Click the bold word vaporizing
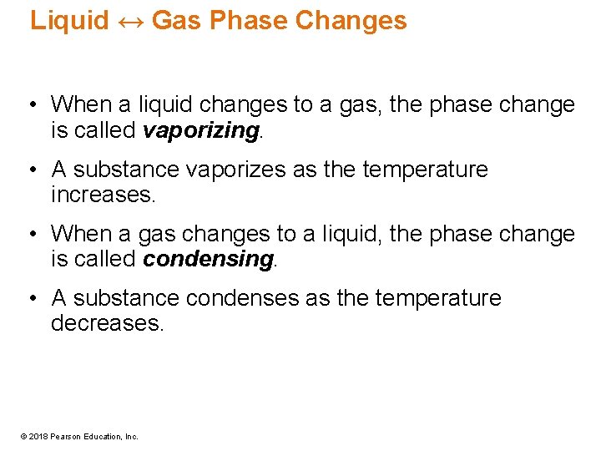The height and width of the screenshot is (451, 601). tap(200, 130)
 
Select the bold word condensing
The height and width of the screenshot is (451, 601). tap(208, 260)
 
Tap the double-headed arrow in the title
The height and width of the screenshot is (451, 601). tap(130, 20)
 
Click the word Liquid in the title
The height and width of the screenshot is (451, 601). tap(69, 20)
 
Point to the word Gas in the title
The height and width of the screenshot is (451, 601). tap(177, 20)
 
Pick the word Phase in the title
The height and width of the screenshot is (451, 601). tap(245, 20)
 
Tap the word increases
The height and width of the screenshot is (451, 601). tap(103, 195)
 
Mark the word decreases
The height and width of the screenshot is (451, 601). tap(108, 323)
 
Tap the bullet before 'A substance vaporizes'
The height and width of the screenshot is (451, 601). tap(31, 170)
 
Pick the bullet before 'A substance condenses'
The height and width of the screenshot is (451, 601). tap(31, 298)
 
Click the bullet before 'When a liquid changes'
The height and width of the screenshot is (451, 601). tap(31, 105)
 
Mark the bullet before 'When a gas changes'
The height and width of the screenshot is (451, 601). tap(31, 234)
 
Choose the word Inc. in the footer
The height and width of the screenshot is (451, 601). tap(132, 436)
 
